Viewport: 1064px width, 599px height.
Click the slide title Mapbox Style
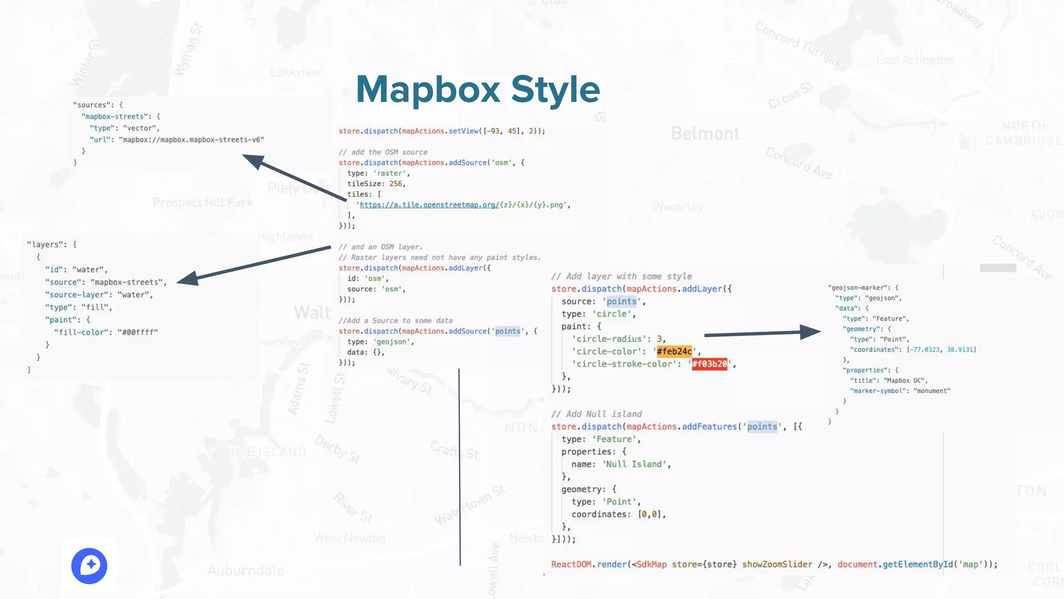[x=477, y=89]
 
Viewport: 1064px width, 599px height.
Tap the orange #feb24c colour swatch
[x=674, y=351]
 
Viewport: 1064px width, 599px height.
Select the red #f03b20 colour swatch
[x=709, y=364]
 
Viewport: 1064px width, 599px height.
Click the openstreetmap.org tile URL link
[x=429, y=205]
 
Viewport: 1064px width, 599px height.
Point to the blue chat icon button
[x=89, y=566]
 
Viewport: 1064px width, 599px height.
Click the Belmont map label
[x=704, y=134]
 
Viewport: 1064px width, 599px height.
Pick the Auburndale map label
[x=245, y=570]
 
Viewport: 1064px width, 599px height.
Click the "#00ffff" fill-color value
[x=138, y=332]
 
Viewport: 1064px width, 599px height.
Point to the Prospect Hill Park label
[x=203, y=202]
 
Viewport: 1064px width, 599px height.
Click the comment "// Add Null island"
[x=596, y=414]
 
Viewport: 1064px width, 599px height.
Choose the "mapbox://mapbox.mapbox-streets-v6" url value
[x=191, y=139]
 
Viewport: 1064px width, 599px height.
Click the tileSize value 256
[x=395, y=184]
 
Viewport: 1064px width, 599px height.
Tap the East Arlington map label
[x=914, y=60]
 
